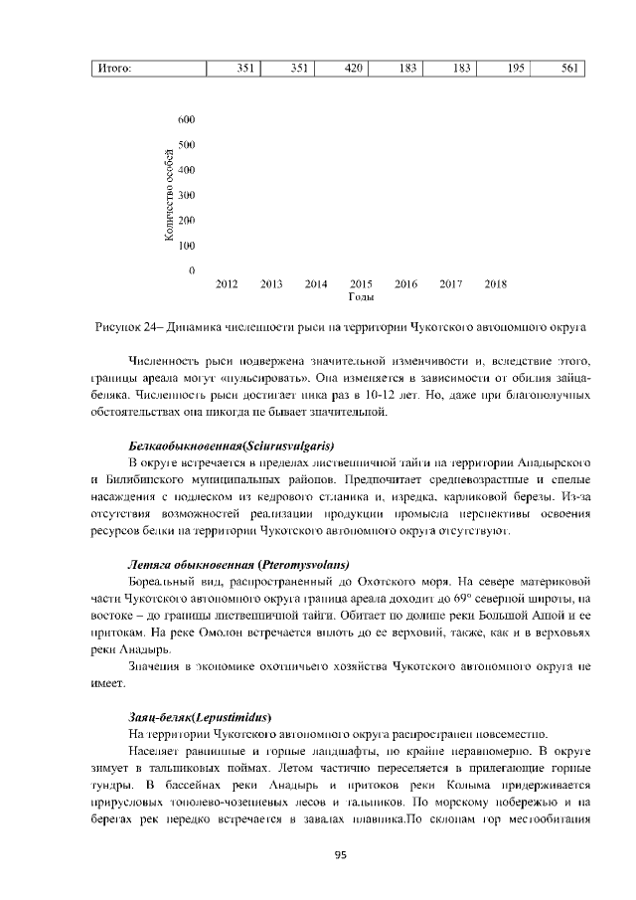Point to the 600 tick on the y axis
tap(186, 119)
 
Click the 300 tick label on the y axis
tap(186, 195)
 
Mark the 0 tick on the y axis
tap(191, 270)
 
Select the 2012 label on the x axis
tap(227, 284)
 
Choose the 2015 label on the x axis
tap(361, 284)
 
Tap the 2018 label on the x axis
tap(495, 284)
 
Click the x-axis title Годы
tap(361, 297)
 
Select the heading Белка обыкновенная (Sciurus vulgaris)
tap(232, 444)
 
